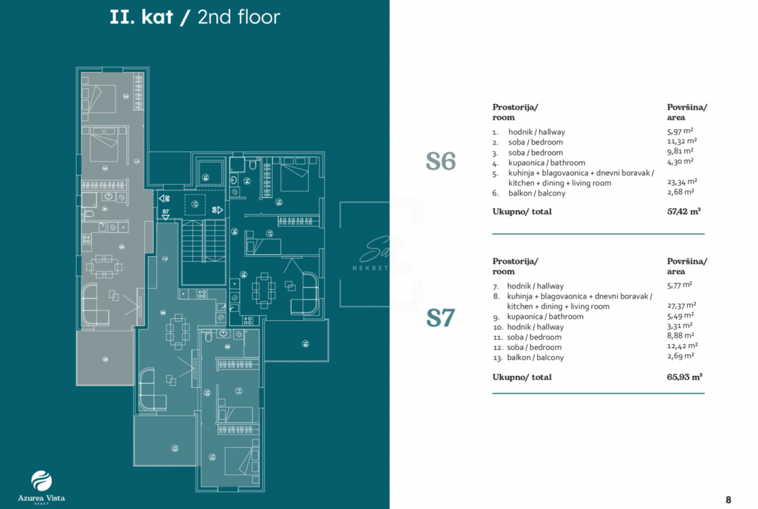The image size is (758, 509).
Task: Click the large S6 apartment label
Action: (441, 161)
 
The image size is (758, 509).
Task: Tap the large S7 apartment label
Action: (441, 318)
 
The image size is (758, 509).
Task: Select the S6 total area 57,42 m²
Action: (684, 211)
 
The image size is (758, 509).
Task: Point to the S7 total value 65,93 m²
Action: (685, 377)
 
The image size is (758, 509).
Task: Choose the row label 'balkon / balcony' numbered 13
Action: (535, 357)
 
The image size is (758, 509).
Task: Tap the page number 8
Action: (728, 499)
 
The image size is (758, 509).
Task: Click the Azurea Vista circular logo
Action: (41, 481)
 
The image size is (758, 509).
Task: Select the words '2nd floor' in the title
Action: (238, 17)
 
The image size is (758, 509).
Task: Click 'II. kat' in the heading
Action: (141, 17)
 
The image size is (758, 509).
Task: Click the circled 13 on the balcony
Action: (175, 447)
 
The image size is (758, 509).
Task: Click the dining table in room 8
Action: (178, 331)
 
